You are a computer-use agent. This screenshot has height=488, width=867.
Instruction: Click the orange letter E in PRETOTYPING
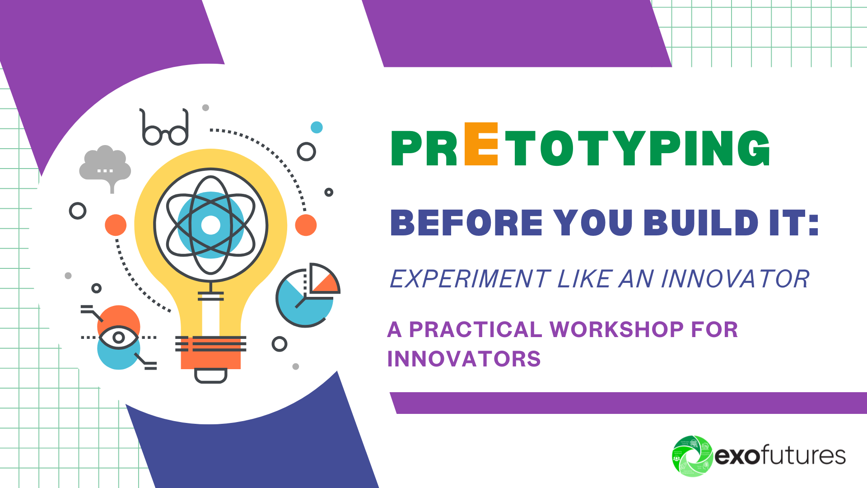pyautogui.click(x=481, y=144)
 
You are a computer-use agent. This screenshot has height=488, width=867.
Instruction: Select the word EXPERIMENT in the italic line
pyautogui.click(x=470, y=279)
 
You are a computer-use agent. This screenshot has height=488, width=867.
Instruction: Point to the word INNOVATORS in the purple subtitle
pyautogui.click(x=464, y=359)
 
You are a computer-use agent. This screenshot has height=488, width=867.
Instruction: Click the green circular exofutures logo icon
pyautogui.click(x=692, y=456)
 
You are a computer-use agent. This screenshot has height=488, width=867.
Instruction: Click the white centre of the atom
pyautogui.click(x=210, y=225)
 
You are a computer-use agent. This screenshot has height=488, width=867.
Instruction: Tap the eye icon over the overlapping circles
pyautogui.click(x=118, y=338)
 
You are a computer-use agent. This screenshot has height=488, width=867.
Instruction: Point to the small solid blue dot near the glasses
pyautogui.click(x=317, y=127)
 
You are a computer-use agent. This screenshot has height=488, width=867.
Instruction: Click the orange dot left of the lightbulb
pyautogui.click(x=116, y=225)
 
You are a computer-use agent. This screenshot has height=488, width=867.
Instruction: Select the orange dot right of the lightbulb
pyautogui.click(x=306, y=225)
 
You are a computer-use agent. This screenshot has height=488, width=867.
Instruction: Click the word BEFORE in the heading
pyautogui.click(x=466, y=223)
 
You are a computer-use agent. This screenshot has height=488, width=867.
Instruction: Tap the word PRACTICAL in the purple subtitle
pyautogui.click(x=475, y=329)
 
